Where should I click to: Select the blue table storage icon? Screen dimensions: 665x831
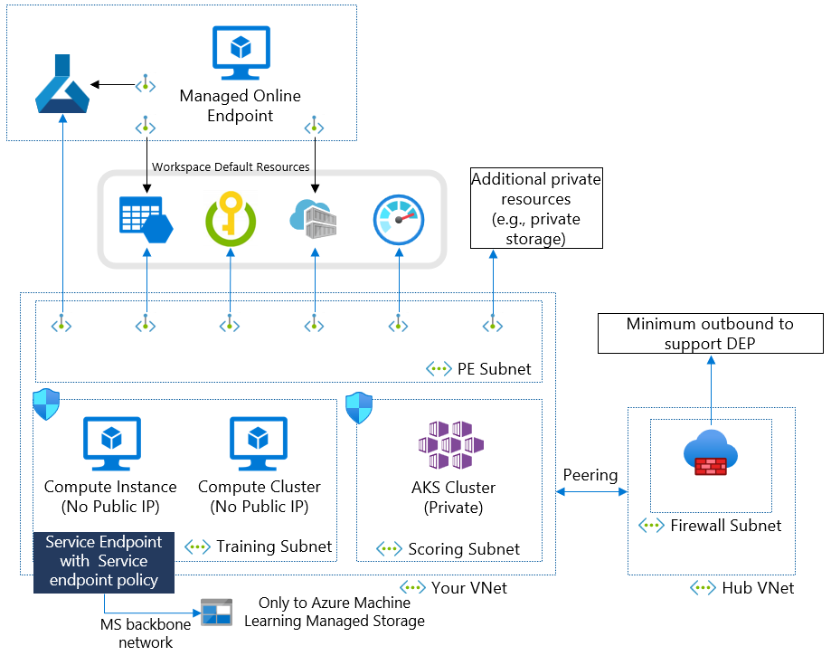[146, 219]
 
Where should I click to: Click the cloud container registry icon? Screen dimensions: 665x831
[314, 218]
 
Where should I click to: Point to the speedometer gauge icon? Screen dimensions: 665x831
[399, 218]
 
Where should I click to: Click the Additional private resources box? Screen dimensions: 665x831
[536, 208]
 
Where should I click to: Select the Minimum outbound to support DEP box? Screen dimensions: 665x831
[710, 334]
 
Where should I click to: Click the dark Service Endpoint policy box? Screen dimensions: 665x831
[104, 561]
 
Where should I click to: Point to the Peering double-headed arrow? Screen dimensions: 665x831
[591, 492]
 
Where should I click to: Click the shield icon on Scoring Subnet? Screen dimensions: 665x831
[359, 407]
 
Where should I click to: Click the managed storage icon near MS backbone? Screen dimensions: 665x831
[216, 613]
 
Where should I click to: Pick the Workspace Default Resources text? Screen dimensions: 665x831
[231, 166]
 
